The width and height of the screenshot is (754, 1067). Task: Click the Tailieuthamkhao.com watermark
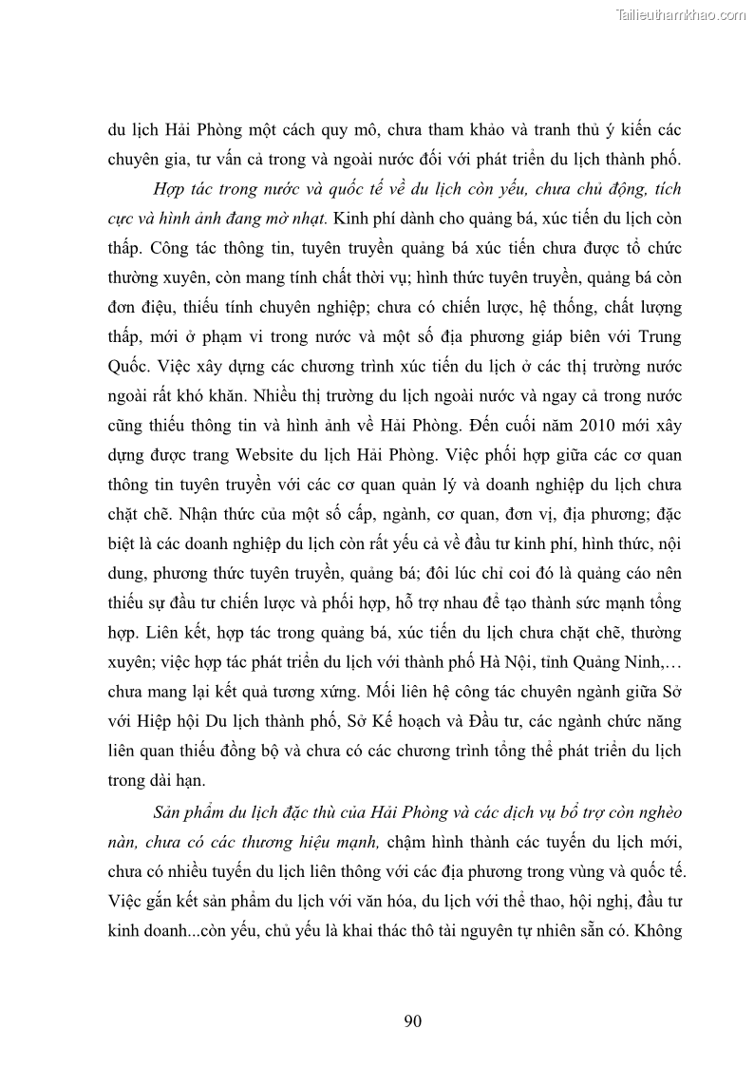click(681, 14)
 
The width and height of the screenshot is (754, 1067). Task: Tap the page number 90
click(412, 1021)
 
